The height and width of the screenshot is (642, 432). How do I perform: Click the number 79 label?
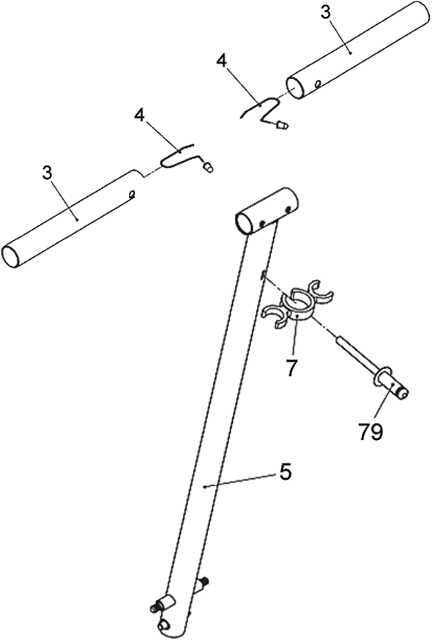pyautogui.click(x=370, y=431)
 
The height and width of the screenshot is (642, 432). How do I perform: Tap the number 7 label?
pyautogui.click(x=291, y=367)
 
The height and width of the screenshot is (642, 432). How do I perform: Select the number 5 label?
pyautogui.click(x=285, y=472)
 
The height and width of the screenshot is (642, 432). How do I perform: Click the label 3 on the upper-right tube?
pyautogui.click(x=324, y=12)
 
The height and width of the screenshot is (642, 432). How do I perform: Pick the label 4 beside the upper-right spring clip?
pyautogui.click(x=222, y=61)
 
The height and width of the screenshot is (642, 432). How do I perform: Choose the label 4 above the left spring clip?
pyautogui.click(x=140, y=116)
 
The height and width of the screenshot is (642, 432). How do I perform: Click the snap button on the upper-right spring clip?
pyautogui.click(x=283, y=124)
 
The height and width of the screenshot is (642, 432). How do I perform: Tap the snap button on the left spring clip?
pyautogui.click(x=209, y=168)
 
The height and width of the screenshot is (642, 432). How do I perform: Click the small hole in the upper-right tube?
pyautogui.click(x=317, y=84)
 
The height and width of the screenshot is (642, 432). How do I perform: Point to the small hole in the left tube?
pyautogui.click(x=132, y=194)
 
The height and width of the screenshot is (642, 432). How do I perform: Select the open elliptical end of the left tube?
pyautogui.click(x=11, y=257)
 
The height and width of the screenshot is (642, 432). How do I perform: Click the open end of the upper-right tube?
pyautogui.click(x=296, y=87)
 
